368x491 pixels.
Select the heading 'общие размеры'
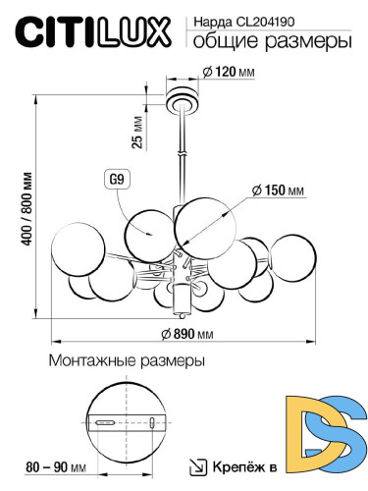point(268,42)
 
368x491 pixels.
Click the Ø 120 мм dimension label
point(228,73)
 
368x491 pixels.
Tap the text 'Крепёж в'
point(241,468)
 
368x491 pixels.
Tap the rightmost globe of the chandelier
point(290,257)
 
